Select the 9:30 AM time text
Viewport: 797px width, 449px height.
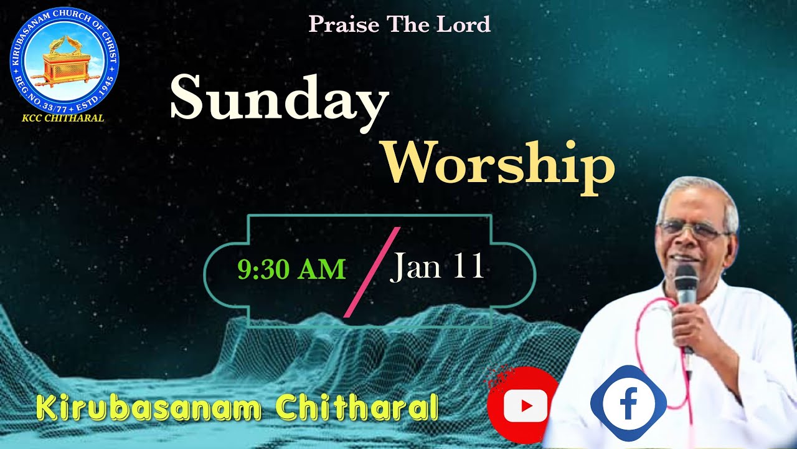pos(291,269)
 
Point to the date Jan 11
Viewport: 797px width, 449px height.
pos(437,267)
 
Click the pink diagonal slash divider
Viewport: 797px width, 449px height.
pos(372,272)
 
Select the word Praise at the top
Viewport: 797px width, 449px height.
pos(344,24)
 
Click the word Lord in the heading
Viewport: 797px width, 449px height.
pos(466,24)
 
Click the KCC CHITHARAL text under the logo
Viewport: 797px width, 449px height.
pos(63,118)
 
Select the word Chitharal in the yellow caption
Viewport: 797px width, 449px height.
pos(357,408)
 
